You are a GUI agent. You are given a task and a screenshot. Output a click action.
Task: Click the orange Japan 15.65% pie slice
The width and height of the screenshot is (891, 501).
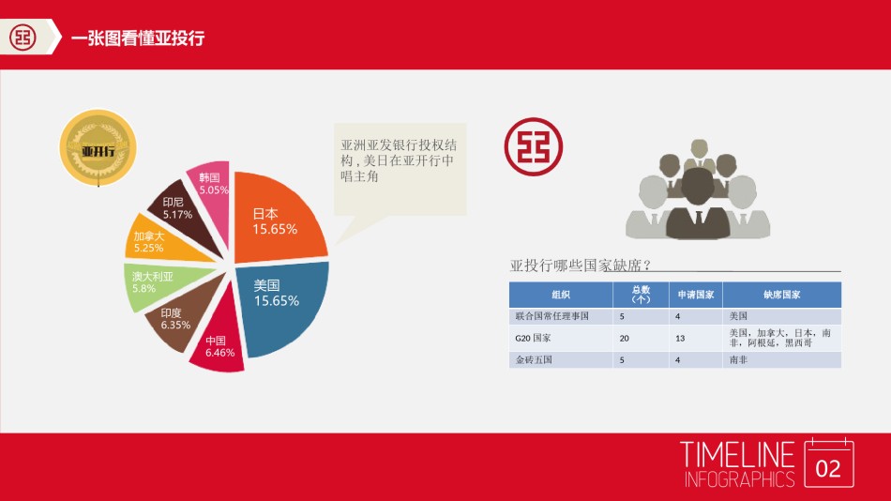(x=277, y=220)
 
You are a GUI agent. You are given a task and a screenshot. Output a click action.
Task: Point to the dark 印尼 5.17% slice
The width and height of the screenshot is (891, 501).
(x=180, y=208)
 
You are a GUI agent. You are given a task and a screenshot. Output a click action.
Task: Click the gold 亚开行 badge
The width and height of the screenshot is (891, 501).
(x=98, y=147)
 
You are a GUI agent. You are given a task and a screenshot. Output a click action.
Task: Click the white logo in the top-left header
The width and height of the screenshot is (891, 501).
(x=23, y=38)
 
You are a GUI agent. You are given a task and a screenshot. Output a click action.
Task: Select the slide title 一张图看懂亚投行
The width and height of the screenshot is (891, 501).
(x=138, y=38)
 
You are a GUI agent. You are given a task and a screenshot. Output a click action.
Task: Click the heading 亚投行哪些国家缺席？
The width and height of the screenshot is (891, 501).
(x=581, y=266)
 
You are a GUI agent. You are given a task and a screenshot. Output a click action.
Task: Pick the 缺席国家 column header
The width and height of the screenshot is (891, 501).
(x=781, y=295)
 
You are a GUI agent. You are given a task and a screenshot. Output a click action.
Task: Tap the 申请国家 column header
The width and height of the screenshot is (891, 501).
(x=696, y=295)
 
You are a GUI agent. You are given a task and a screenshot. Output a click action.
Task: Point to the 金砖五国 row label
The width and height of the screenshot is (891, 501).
(x=533, y=359)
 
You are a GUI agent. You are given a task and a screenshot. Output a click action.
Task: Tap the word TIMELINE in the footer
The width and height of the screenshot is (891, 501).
(x=738, y=455)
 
